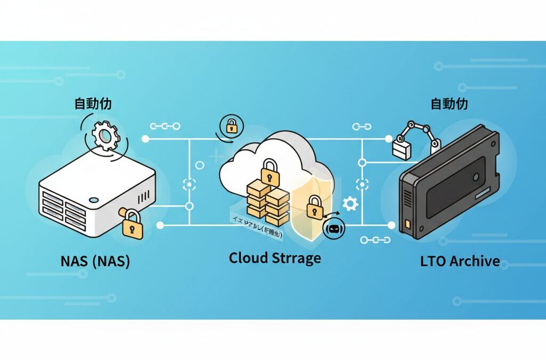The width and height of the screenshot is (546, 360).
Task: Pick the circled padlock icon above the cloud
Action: tap(231, 126)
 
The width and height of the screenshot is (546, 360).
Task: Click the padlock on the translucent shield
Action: tap(315, 207)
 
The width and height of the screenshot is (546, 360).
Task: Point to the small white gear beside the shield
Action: tap(350, 204)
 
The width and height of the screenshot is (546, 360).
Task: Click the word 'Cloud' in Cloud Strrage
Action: tap(250, 258)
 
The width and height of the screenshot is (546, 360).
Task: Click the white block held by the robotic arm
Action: tap(401, 148)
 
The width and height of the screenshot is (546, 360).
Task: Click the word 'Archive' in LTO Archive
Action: tap(474, 261)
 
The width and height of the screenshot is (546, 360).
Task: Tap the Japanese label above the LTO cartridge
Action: tap(449, 103)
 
